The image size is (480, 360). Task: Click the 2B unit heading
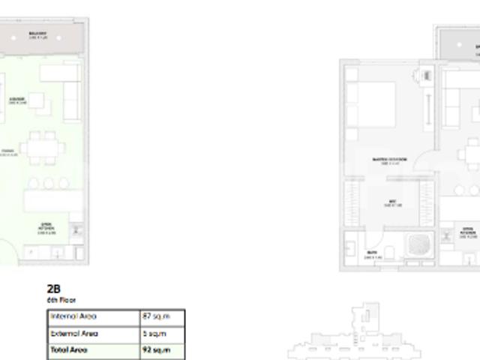(x=53, y=289)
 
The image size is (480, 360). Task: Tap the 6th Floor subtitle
(x=61, y=300)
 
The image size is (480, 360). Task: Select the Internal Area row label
(x=73, y=316)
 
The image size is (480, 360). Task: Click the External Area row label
(x=74, y=333)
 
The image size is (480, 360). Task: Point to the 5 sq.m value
(x=154, y=333)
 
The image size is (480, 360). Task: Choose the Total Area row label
(x=68, y=349)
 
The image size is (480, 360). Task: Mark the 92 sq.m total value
(x=156, y=349)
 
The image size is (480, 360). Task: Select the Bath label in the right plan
(x=372, y=253)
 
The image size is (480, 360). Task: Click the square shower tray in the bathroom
(x=418, y=245)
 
